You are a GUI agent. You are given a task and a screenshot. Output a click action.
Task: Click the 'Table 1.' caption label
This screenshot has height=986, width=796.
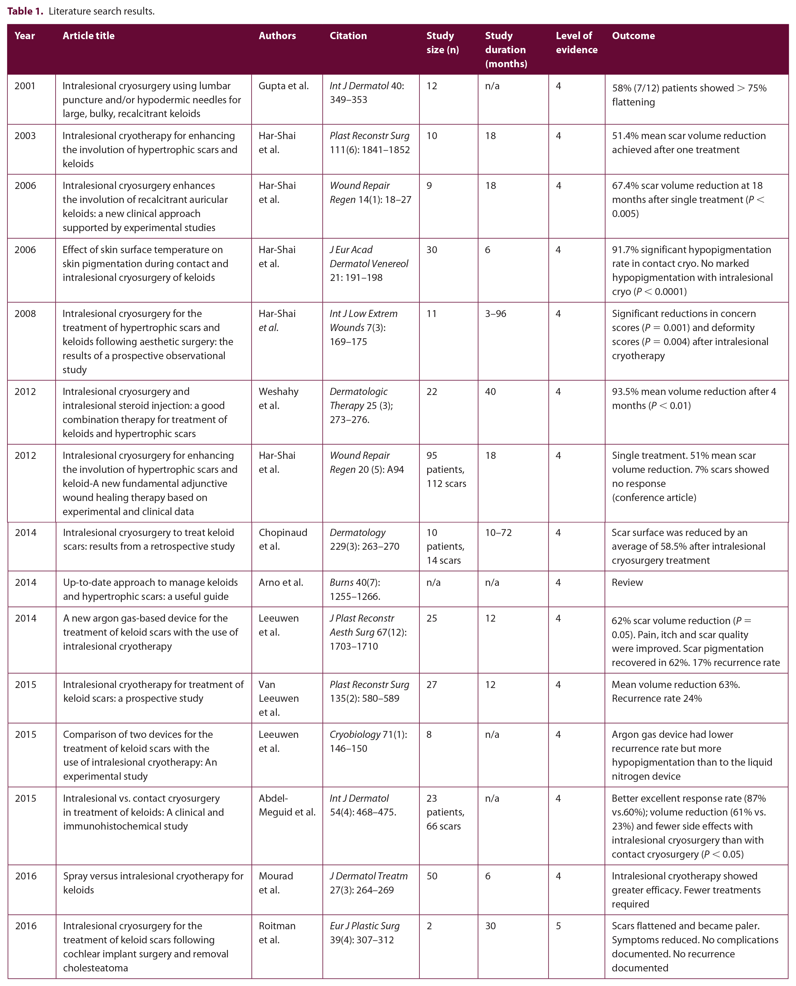(25, 11)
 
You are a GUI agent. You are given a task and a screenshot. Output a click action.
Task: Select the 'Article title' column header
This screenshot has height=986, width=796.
(88, 36)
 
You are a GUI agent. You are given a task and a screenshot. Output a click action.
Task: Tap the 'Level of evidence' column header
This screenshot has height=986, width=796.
(576, 43)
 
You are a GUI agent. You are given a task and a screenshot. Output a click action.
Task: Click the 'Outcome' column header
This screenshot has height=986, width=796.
(633, 36)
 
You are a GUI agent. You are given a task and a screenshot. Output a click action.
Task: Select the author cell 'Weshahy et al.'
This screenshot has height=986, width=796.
(278, 398)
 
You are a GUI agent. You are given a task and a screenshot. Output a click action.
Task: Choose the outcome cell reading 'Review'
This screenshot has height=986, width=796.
(627, 582)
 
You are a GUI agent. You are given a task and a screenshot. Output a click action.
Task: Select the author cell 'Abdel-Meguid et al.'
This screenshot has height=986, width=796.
(287, 805)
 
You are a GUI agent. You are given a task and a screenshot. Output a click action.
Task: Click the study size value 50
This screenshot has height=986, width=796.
(432, 876)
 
